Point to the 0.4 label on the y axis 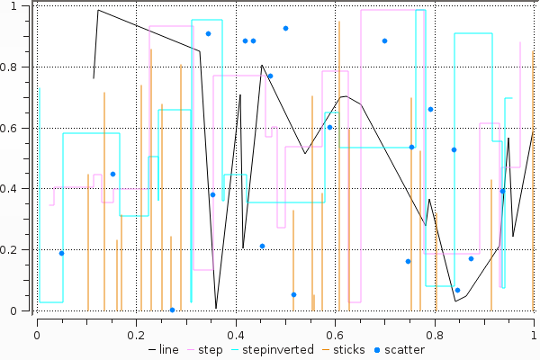coord(17,189)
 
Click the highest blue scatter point coord(285,28)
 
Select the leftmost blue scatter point coord(61,253)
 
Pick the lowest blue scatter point coord(172,310)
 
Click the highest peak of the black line coord(98,11)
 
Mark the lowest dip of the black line coord(216,309)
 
